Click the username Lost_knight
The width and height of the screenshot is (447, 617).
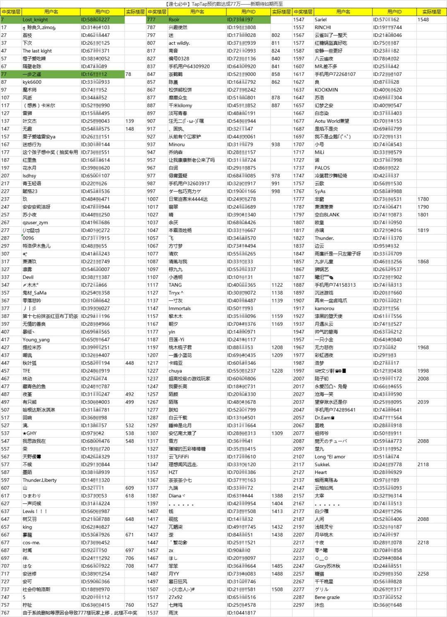coord(35,19)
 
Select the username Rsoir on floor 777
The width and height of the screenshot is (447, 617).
coord(174,19)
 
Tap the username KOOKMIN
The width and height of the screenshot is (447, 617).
coord(326,90)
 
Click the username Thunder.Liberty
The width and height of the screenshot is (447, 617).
coord(39,480)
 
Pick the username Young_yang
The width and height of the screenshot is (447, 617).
coord(36,340)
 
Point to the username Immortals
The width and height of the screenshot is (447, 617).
coord(180,308)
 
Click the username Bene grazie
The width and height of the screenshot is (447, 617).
coord(327,597)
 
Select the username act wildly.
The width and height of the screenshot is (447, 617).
coord(179,43)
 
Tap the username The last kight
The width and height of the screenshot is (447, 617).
coord(37,51)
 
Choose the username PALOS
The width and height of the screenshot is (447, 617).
coord(322,168)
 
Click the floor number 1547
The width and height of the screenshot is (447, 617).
coord(298,19)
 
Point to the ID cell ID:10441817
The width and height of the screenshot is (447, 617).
coord(241,613)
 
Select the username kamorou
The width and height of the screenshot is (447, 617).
coord(324,308)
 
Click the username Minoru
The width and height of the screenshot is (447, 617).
coord(176,145)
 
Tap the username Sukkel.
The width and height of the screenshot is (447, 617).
coord(322,465)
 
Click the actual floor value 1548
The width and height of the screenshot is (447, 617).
coord(423,19)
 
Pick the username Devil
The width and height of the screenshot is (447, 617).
coord(28,277)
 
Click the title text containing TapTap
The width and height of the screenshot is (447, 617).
coord(223,4)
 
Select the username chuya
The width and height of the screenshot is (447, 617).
coord(175,371)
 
